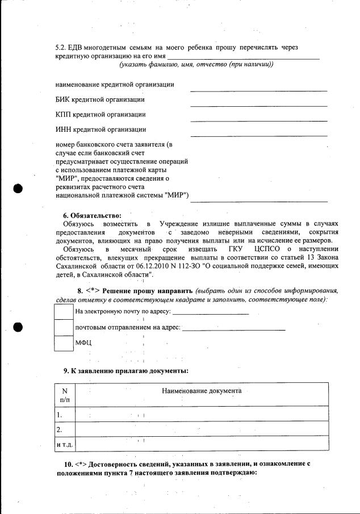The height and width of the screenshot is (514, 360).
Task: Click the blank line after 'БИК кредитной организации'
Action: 258,105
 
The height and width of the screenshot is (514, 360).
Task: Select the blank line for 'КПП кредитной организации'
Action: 258,120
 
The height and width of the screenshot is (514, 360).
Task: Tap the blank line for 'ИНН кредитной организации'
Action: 258,135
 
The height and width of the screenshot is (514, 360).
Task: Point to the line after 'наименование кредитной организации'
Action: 258,90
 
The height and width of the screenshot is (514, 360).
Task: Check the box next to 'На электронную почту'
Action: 63,312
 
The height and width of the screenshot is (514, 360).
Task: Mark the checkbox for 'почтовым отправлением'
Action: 63,328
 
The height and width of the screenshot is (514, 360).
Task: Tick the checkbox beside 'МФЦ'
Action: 63,344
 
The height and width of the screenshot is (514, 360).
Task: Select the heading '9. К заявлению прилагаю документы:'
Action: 126,370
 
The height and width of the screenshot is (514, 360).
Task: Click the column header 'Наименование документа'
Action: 202,391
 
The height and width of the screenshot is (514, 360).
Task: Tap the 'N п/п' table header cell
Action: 64,395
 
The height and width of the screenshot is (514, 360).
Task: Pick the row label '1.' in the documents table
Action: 60,415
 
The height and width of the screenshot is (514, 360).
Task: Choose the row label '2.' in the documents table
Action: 60,429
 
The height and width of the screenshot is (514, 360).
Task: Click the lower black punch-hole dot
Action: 18,327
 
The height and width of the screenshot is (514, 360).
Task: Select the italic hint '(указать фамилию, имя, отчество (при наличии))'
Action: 196,64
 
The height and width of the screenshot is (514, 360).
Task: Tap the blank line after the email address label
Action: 210,312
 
